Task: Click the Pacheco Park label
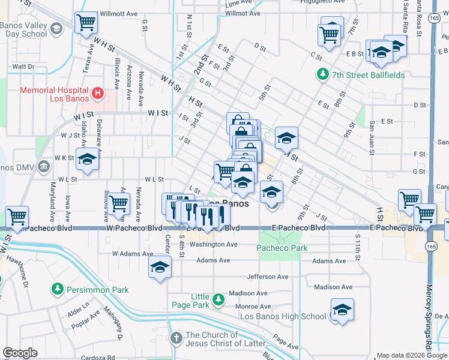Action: pos(282,248)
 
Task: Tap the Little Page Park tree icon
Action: pos(218,298)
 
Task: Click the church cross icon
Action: pos(176,338)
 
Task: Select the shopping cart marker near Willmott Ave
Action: pos(86,23)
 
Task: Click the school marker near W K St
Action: pos(88,160)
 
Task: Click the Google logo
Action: pos(20,353)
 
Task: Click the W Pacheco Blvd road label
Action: pos(134,228)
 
